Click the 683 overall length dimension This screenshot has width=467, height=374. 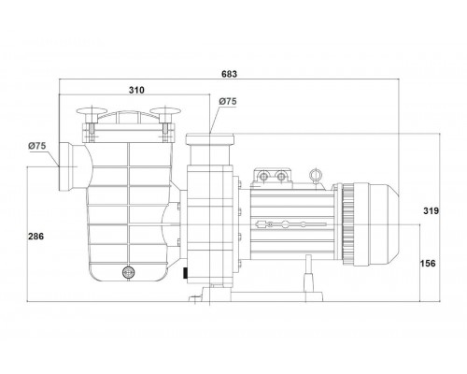229,74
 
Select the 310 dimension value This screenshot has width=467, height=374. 136,90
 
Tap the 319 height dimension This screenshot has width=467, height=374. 431,211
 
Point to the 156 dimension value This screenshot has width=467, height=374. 428,264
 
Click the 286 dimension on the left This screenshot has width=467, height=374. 36,237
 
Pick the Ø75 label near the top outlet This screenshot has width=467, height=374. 228,101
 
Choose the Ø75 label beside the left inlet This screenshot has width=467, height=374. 37,146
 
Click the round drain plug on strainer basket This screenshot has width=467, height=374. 128,272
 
